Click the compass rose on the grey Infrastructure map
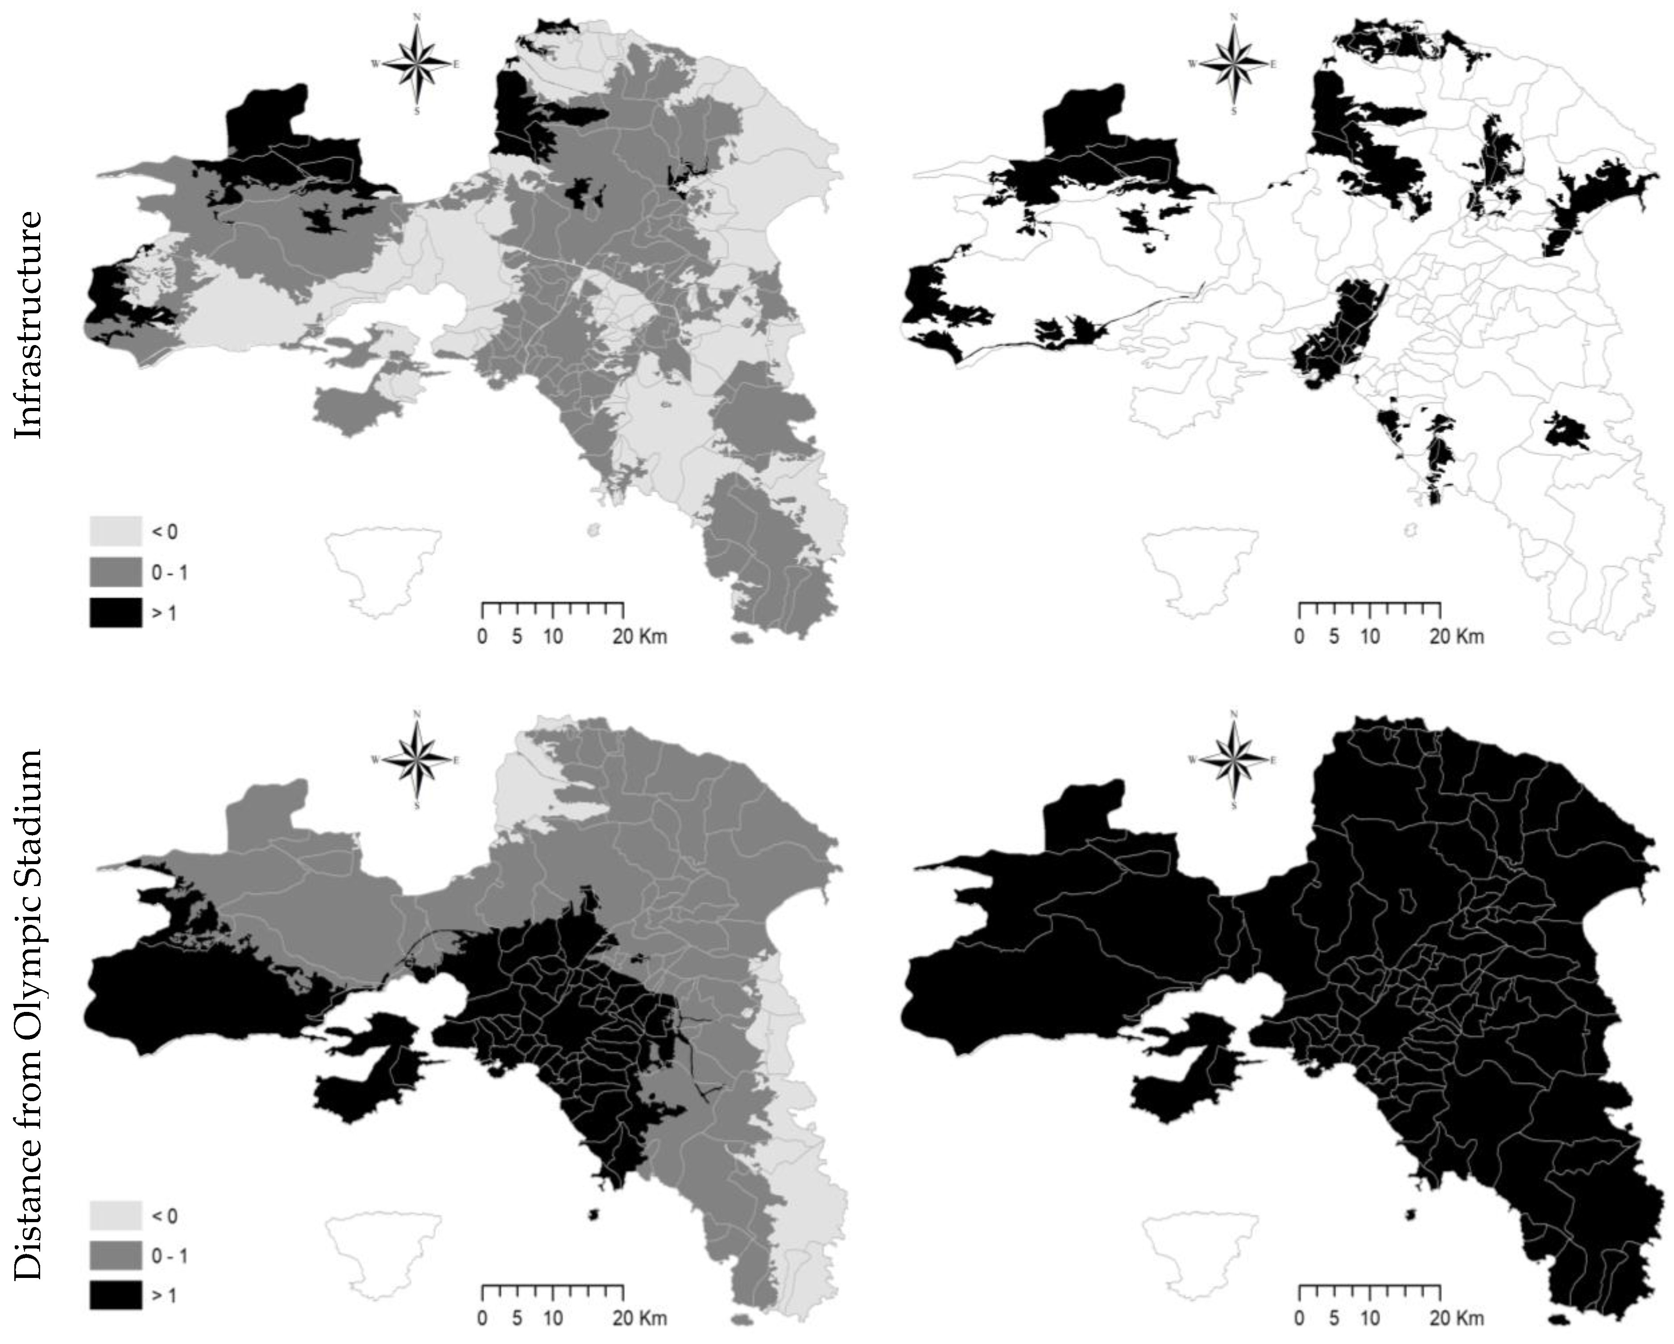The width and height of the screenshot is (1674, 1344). tap(417, 64)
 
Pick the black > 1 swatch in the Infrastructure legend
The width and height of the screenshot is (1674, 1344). tap(116, 613)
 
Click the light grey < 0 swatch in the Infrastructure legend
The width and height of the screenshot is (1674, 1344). tap(116, 531)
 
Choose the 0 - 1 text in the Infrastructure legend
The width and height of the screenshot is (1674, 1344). tap(169, 573)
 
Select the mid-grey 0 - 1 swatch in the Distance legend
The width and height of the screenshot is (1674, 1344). tap(116, 1256)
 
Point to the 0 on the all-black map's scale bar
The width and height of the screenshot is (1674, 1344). tap(1299, 1319)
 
